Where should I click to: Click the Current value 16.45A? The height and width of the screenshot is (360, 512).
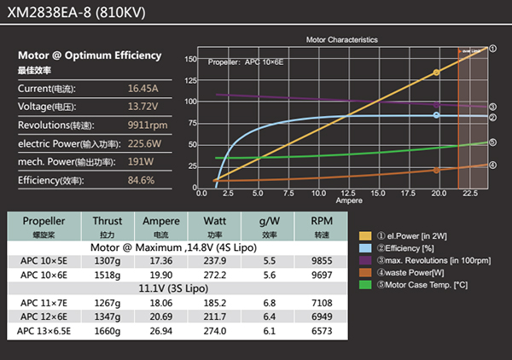(143, 88)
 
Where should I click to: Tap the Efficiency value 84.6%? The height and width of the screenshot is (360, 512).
(141, 180)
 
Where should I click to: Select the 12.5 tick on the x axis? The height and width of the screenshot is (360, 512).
(347, 195)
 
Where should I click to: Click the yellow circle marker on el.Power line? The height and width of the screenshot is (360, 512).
(437, 73)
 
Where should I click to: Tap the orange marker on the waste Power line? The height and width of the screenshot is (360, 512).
(437, 170)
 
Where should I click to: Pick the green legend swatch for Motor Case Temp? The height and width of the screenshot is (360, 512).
(365, 284)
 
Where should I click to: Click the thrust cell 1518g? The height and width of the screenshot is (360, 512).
(108, 276)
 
